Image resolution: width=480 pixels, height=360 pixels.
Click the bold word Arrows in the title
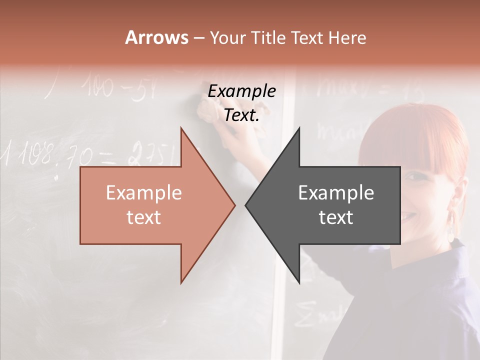pyautogui.click(x=156, y=37)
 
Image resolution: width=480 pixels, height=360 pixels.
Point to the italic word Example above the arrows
pyautogui.click(x=241, y=91)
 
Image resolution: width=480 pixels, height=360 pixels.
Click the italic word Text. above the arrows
pyautogui.click(x=241, y=115)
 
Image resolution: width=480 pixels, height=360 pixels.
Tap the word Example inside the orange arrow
pyautogui.click(x=144, y=193)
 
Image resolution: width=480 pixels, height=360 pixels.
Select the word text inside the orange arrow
pyautogui.click(x=144, y=217)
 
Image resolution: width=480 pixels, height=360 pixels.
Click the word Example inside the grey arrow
pyautogui.click(x=336, y=193)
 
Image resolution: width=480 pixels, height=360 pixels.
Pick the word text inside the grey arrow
pyautogui.click(x=336, y=217)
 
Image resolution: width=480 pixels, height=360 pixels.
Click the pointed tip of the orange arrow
pyautogui.click(x=234, y=205)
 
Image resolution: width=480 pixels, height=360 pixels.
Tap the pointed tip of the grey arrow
pyautogui.click(x=246, y=205)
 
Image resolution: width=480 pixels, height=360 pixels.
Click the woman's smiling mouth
pyautogui.click(x=408, y=216)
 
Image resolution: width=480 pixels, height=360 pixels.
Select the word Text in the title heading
pyautogui.click(x=308, y=38)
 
